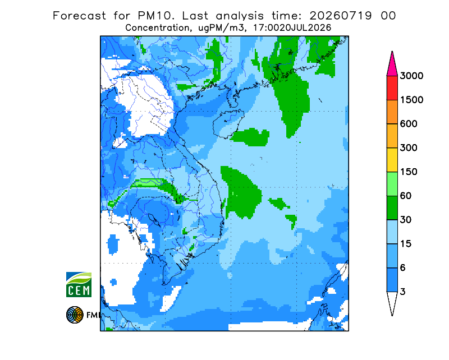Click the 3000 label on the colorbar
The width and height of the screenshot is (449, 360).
tap(411, 76)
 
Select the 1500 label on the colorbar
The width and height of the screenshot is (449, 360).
tap(411, 100)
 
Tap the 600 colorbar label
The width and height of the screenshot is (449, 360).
tap(409, 124)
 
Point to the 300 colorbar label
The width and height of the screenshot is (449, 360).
tap(409, 148)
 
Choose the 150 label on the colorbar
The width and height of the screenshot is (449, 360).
tap(409, 172)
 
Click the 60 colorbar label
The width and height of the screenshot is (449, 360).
tap(406, 196)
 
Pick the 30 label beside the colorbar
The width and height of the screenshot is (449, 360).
tap(406, 220)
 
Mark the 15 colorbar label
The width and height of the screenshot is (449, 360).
tap(406, 244)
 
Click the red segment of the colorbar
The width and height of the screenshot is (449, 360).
tap(392, 88)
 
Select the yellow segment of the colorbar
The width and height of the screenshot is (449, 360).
tap(392, 160)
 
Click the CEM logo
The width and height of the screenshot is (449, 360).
tap(79, 284)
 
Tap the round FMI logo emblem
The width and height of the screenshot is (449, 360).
tap(75, 315)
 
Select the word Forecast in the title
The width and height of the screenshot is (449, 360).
tap(79, 16)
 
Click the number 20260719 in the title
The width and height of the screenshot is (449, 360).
tap(341, 16)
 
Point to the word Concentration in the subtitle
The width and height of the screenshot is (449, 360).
tap(157, 28)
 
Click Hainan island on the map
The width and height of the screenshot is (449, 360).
tap(228, 123)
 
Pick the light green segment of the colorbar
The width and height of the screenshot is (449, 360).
tap(392, 184)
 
